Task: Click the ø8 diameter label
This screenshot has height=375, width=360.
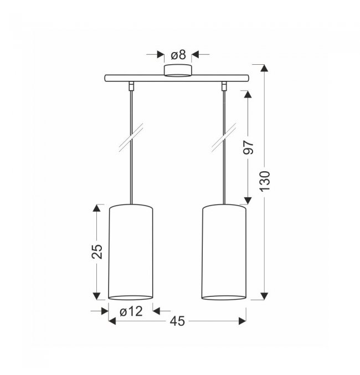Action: (178, 55)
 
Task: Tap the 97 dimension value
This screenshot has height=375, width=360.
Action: (249, 147)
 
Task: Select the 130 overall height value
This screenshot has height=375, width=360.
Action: (265, 181)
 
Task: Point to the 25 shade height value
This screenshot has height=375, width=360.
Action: (97, 251)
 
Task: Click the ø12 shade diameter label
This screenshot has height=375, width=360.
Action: (131, 311)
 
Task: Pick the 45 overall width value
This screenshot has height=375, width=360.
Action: (177, 321)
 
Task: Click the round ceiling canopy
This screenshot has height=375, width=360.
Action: (178, 70)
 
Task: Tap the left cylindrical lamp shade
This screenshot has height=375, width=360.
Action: (131, 252)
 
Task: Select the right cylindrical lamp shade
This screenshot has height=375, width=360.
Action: (224, 252)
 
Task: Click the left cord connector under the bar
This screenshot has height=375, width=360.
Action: (131, 86)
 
